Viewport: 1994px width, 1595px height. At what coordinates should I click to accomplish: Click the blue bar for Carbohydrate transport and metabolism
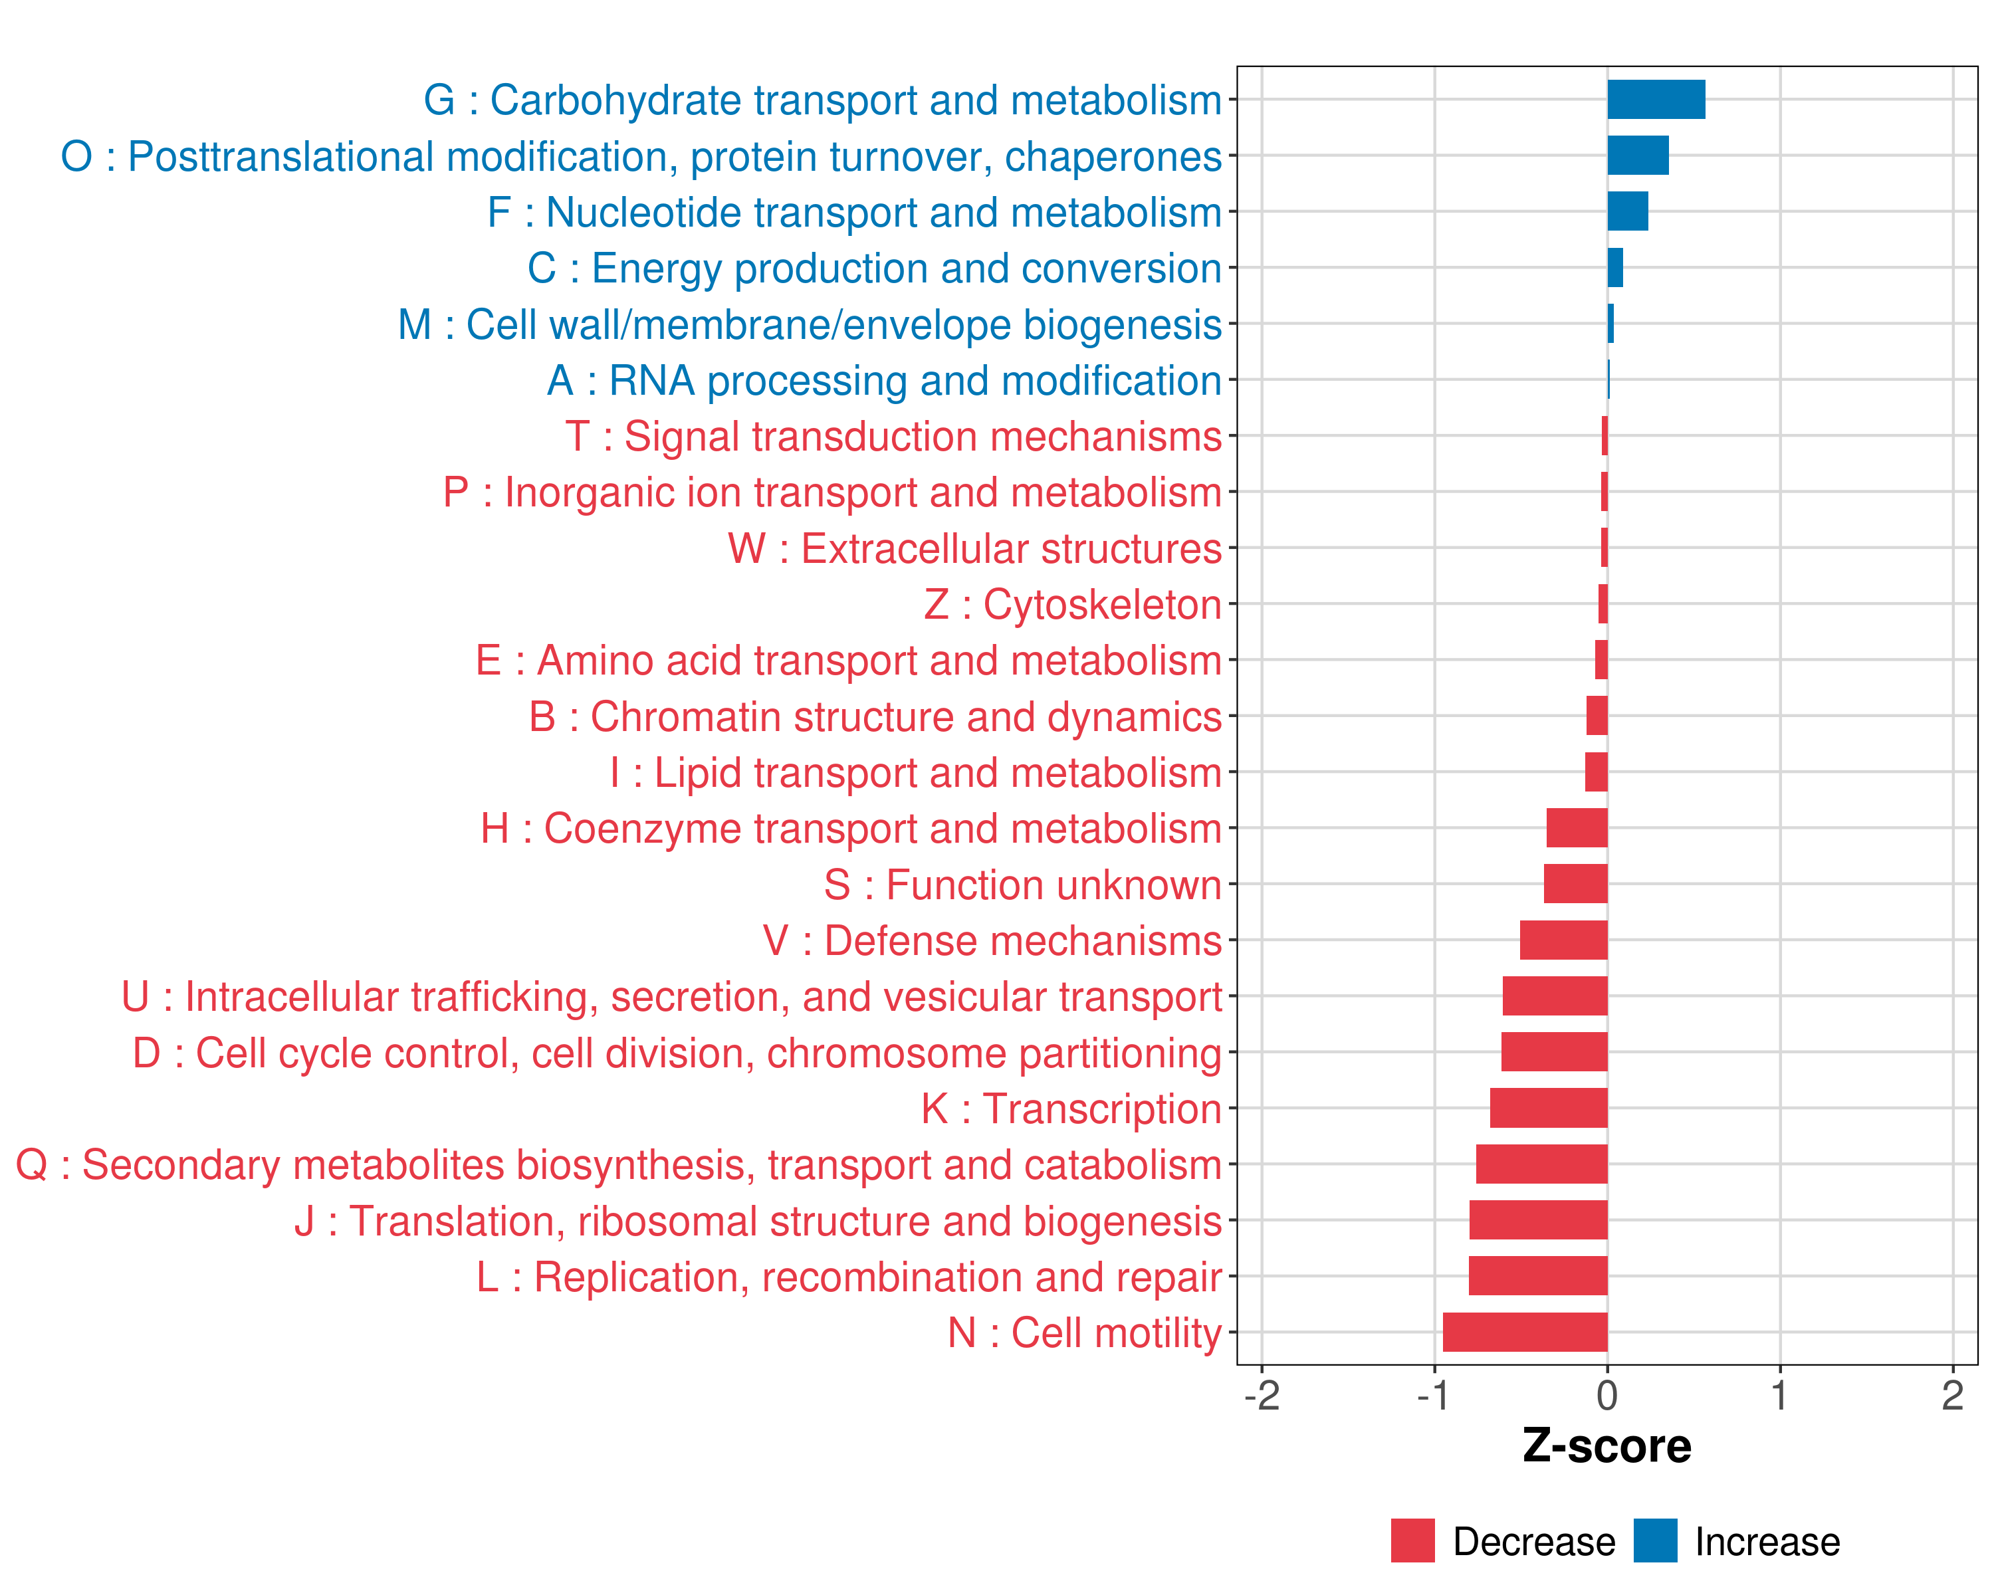(1656, 100)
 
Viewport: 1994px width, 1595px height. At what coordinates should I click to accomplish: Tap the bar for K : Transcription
(1548, 1108)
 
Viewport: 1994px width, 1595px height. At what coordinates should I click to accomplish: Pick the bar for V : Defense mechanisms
(1563, 940)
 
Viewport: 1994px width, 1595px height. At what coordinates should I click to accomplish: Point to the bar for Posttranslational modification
(1638, 156)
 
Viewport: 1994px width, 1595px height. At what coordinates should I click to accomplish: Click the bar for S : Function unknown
(1575, 884)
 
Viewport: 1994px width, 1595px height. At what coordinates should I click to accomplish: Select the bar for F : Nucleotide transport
(1628, 212)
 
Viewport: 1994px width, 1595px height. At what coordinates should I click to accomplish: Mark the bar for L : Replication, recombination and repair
(1538, 1276)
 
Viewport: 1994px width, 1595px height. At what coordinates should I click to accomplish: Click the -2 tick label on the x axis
(1262, 1395)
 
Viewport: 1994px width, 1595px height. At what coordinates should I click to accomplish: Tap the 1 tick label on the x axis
(1779, 1395)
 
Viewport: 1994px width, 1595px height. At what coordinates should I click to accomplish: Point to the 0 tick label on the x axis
(1607, 1395)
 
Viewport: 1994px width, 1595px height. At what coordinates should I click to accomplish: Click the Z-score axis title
(1606, 1446)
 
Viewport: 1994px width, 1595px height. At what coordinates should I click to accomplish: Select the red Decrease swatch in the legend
(1412, 1541)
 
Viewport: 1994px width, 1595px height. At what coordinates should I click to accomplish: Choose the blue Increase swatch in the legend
(1654, 1541)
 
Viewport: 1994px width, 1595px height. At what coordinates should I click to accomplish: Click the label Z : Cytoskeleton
(1073, 605)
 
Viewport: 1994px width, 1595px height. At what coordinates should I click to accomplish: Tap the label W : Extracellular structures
(975, 548)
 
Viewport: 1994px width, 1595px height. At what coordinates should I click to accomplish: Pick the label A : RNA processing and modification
(884, 380)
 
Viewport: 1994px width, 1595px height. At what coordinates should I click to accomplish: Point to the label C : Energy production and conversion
(874, 268)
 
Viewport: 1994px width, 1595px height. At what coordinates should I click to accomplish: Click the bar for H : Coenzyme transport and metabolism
(1577, 827)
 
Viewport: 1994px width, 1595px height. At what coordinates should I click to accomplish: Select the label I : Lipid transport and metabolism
(916, 773)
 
